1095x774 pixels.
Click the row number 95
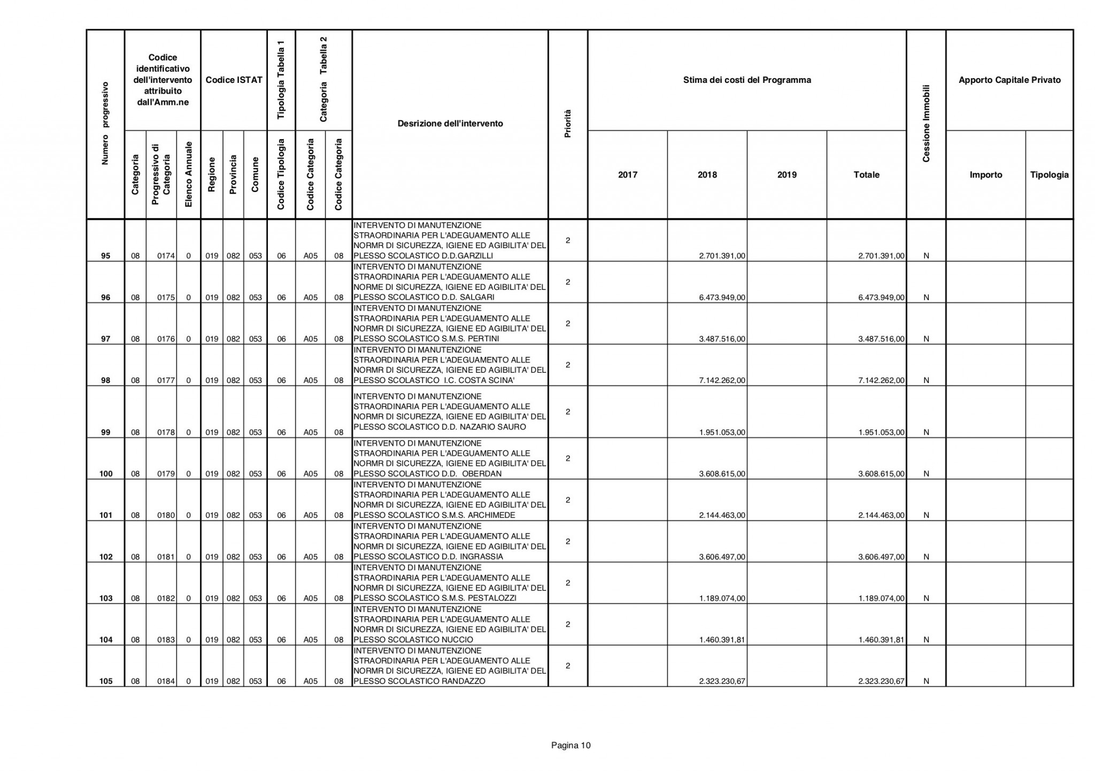(x=105, y=256)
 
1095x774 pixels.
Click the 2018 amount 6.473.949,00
(x=722, y=297)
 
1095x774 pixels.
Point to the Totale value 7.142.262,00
(x=881, y=381)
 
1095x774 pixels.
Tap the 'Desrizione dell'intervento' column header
(x=450, y=124)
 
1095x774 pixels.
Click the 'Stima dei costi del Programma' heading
(x=747, y=80)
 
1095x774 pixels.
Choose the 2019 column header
(x=786, y=175)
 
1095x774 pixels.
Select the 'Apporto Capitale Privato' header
(x=1009, y=80)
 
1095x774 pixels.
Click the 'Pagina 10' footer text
(x=571, y=746)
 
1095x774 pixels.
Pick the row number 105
(x=105, y=681)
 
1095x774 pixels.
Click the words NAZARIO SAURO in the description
(x=499, y=427)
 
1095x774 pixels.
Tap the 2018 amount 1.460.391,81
(x=722, y=640)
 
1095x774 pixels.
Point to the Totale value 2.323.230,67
(x=881, y=681)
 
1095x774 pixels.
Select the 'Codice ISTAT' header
(x=234, y=80)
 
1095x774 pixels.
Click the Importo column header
(x=985, y=175)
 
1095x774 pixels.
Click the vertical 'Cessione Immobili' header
(x=926, y=123)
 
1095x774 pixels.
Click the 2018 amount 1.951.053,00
(x=722, y=433)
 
